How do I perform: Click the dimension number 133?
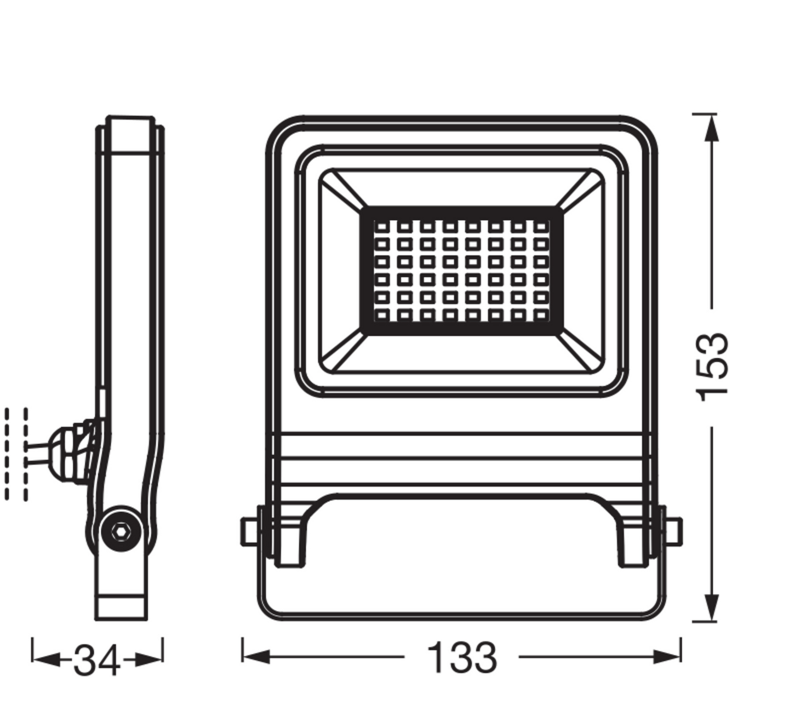coord(462,657)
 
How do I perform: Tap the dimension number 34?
coord(96,661)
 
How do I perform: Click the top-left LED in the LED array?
coord(382,227)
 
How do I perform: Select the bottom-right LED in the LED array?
coord(540,315)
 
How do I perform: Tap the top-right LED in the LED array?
coord(540,227)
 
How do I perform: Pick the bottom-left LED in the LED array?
coord(382,315)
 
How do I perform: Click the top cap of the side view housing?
coord(130,134)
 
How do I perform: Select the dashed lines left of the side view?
coord(16,454)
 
